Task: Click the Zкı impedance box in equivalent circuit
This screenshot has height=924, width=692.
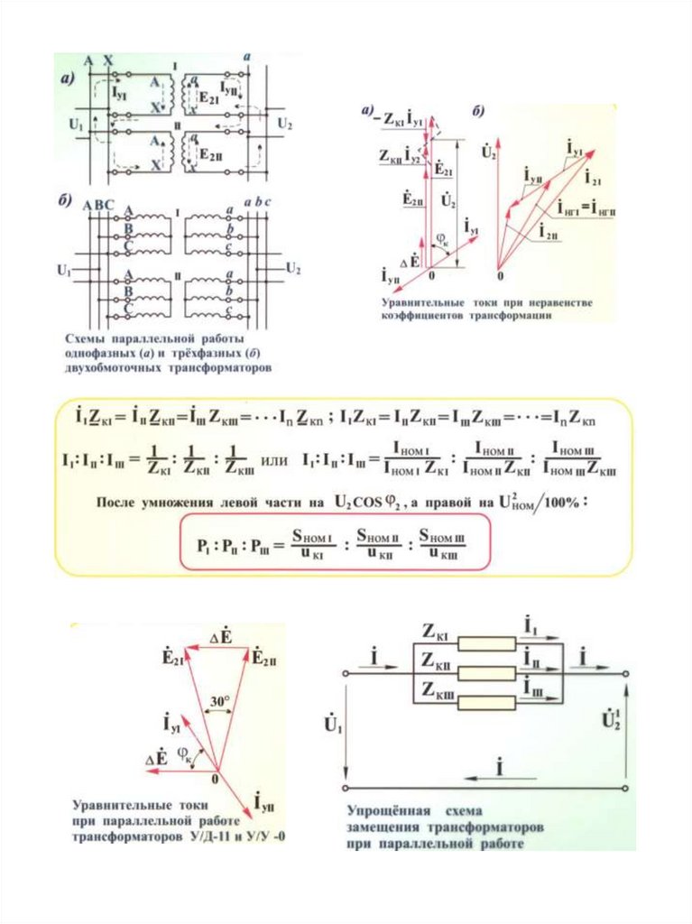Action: click(x=486, y=642)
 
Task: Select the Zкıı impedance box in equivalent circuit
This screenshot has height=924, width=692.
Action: click(x=486, y=668)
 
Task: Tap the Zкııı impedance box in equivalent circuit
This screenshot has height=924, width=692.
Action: click(x=486, y=693)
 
